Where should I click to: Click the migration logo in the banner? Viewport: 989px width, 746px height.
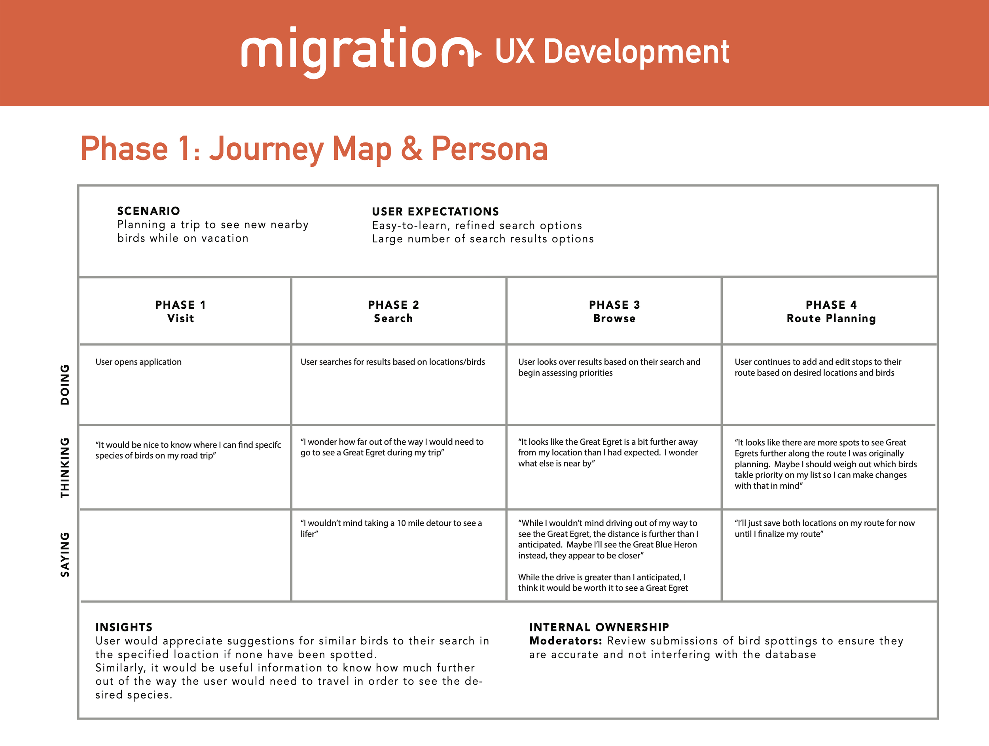[x=360, y=52]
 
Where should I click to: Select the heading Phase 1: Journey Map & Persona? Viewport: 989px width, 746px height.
[x=314, y=149]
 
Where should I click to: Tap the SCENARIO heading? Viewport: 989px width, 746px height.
[x=148, y=211]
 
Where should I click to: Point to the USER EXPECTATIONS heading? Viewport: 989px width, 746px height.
[x=435, y=211]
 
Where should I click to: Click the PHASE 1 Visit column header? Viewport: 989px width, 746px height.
[x=181, y=312]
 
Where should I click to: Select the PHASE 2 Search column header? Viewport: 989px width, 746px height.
[x=394, y=312]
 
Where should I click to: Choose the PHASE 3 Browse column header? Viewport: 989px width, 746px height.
[x=614, y=312]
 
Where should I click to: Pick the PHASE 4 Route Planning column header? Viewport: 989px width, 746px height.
[x=831, y=312]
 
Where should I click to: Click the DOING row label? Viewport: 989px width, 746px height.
[x=65, y=385]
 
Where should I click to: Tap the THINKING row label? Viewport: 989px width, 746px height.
[x=65, y=467]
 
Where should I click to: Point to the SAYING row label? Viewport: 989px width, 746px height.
[x=65, y=554]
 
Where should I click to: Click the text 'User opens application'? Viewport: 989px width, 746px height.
[x=138, y=362]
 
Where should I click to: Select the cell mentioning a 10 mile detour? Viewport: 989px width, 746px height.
[x=391, y=529]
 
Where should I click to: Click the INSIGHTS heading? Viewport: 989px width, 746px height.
[x=124, y=627]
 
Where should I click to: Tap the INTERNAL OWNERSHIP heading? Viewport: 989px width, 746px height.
[x=599, y=627]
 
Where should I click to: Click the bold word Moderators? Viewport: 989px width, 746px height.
[x=566, y=641]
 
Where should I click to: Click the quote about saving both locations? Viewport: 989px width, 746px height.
[x=824, y=529]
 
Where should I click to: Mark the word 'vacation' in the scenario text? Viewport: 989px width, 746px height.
[x=224, y=238]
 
